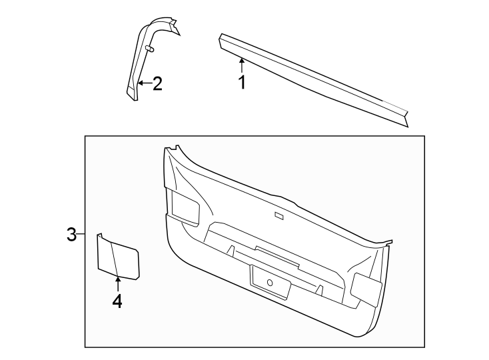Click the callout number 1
point(243,83)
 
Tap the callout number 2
point(157,83)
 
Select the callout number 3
point(71,235)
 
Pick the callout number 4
point(117,301)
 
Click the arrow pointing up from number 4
point(117,283)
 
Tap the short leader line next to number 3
point(81,235)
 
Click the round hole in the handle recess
point(270,283)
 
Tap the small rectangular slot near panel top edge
point(278,215)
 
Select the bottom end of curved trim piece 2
point(133,93)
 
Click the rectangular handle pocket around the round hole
point(270,280)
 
